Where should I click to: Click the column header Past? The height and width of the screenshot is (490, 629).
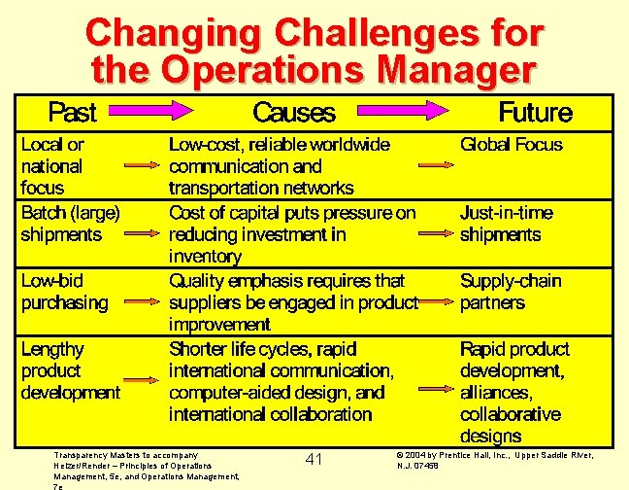coord(72,113)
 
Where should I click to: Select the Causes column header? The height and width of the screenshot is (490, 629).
coord(294,113)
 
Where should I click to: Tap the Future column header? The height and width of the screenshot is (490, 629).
coord(535,113)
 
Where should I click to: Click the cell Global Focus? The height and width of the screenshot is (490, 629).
coord(511,145)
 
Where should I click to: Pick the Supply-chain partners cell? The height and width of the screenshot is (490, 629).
coord(511,292)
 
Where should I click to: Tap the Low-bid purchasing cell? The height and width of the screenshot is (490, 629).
coord(64,292)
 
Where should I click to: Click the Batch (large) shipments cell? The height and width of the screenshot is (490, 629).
coord(70,223)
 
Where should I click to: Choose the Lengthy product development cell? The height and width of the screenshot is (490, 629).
coord(70,370)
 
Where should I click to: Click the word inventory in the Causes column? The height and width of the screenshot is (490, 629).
coord(204,257)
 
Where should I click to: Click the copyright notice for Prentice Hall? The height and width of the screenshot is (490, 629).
coord(495,459)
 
